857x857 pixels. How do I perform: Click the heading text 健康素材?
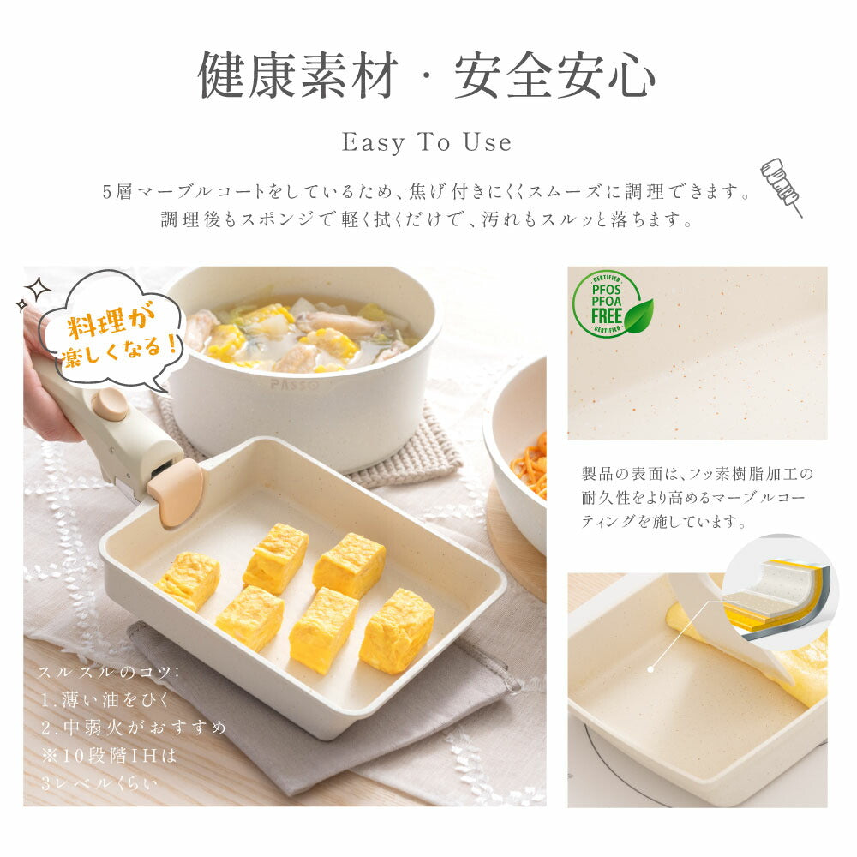click(298, 75)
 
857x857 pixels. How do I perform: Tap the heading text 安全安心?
click(554, 75)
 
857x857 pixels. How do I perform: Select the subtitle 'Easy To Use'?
click(427, 142)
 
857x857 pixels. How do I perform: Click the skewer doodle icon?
click(782, 186)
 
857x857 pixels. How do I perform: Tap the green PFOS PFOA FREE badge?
click(612, 303)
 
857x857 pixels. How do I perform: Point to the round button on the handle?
click(110, 405)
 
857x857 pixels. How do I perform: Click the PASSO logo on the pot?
click(294, 384)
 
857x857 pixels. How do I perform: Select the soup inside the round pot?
click(299, 333)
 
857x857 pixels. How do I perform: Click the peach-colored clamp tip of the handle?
click(176, 491)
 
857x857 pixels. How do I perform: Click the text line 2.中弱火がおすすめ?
click(134, 728)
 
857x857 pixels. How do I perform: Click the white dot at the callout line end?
click(650, 669)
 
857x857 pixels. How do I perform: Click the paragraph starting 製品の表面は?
click(698, 497)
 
